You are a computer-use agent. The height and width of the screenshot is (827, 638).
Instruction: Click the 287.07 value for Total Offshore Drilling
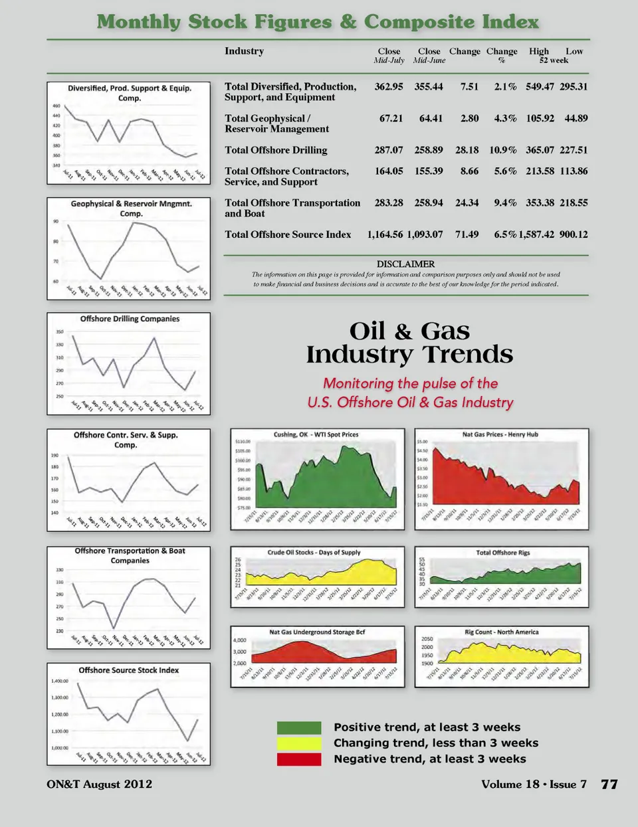pyautogui.click(x=389, y=150)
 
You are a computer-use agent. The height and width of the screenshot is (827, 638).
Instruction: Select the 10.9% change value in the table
pyautogui.click(x=503, y=150)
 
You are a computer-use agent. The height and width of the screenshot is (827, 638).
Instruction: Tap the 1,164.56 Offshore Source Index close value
pyautogui.click(x=385, y=234)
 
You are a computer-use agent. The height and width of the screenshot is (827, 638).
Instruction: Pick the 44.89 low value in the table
pyautogui.click(x=576, y=118)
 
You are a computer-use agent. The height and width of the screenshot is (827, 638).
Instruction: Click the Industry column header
pyautogui.click(x=244, y=51)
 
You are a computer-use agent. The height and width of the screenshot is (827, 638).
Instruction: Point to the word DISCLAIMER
pyautogui.click(x=405, y=264)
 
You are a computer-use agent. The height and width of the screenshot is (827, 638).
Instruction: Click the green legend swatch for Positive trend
pyautogui.click(x=299, y=727)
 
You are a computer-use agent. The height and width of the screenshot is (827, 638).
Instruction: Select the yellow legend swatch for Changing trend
pyautogui.click(x=299, y=743)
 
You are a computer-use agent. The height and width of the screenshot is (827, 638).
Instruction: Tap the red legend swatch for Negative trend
pyautogui.click(x=299, y=759)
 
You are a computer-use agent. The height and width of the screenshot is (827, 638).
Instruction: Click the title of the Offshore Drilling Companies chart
pyautogui.click(x=130, y=319)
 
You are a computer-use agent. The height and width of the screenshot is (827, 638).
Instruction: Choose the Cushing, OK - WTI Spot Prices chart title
pyautogui.click(x=316, y=434)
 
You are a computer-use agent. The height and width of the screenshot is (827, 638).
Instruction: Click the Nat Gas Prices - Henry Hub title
pyautogui.click(x=500, y=434)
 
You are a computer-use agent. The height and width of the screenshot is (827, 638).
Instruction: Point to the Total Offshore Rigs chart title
pyautogui.click(x=503, y=553)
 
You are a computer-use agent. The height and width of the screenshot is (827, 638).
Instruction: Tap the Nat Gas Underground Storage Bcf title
pyautogui.click(x=317, y=632)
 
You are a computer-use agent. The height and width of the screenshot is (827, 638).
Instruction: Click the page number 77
pyautogui.click(x=609, y=784)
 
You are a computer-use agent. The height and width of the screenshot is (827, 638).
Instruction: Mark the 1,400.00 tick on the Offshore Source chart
pyautogui.click(x=60, y=681)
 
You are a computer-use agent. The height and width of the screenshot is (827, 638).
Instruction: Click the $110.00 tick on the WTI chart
pyautogui.click(x=243, y=441)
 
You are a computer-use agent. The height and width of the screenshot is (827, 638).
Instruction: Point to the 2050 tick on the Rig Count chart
pyautogui.click(x=427, y=638)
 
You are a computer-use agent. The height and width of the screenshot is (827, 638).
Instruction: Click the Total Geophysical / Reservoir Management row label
pyautogui.click(x=276, y=124)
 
